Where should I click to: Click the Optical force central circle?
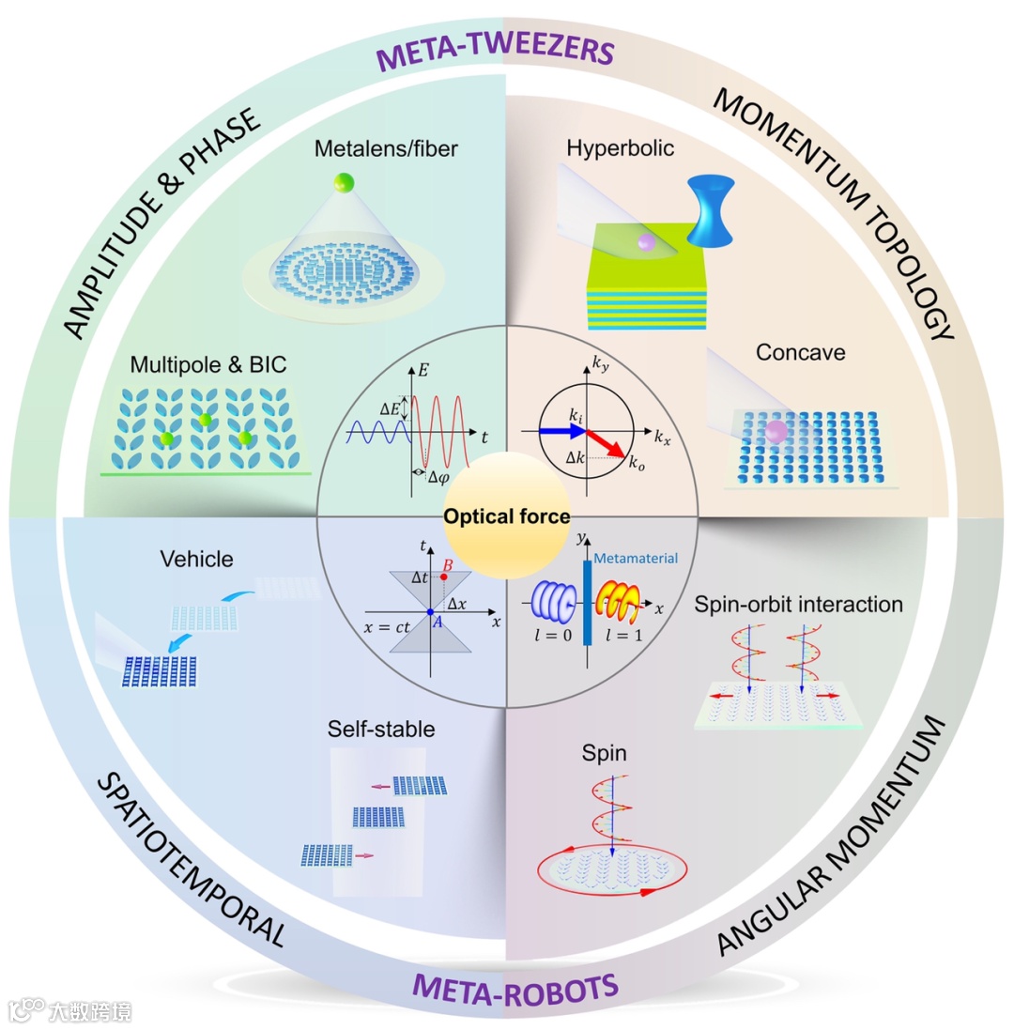tap(507, 515)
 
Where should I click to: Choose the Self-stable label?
tap(377, 728)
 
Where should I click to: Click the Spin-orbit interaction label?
tap(799, 605)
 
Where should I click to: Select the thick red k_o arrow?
tap(606, 445)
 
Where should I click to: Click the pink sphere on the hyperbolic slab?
tap(645, 243)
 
